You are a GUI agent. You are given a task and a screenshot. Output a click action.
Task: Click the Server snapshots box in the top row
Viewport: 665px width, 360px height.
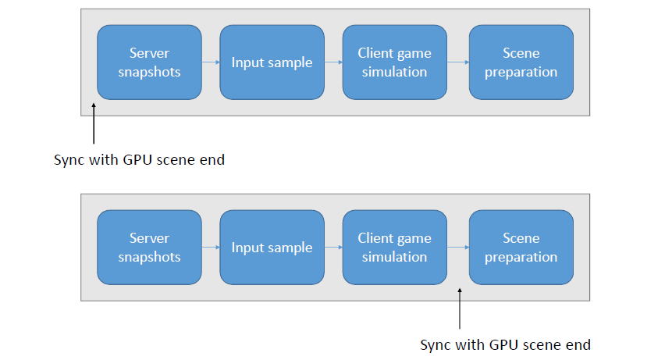149,62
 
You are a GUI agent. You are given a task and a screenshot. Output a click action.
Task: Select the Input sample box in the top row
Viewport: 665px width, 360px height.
272,62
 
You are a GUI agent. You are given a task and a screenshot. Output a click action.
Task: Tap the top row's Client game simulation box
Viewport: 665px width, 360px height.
394,62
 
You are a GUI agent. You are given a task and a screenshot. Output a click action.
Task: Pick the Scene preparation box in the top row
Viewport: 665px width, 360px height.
521,62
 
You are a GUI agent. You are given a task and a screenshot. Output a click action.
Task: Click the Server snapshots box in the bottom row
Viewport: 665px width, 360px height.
149,248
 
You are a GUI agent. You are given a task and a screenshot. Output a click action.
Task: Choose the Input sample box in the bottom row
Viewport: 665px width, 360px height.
272,248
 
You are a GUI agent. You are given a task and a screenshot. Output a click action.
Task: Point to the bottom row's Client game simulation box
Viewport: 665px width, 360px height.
394,248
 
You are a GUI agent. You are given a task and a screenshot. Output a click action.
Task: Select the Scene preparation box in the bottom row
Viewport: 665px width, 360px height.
521,248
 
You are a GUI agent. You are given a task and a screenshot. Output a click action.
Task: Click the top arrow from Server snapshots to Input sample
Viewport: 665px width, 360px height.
211,62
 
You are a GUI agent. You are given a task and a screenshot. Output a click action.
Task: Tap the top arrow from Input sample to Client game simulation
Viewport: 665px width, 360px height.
333,62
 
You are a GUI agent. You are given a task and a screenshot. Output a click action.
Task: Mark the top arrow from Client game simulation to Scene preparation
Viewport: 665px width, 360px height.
458,62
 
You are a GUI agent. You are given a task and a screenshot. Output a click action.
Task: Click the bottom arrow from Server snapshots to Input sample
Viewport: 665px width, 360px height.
211,248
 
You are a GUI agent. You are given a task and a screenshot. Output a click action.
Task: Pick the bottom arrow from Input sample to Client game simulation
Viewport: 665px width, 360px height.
333,248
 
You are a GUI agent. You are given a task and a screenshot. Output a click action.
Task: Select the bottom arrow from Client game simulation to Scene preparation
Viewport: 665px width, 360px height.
458,248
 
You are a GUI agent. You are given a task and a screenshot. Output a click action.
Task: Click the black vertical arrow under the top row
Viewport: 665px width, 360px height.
94,123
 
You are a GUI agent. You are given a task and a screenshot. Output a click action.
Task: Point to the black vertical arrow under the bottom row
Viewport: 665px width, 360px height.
460,308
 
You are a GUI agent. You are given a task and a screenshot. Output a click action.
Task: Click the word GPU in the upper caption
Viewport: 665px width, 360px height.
138,160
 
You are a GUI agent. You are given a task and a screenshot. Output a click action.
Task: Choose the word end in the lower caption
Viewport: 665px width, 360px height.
578,345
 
